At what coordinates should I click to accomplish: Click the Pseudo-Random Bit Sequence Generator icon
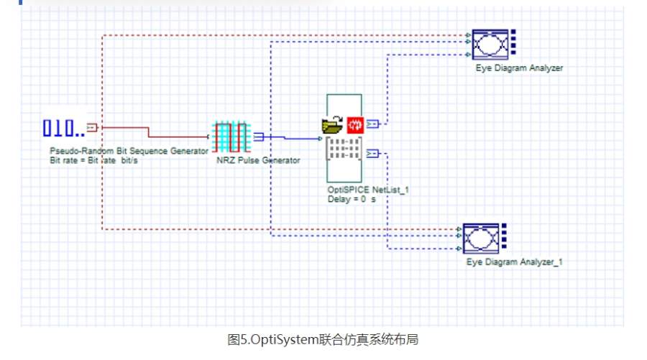tap(63, 129)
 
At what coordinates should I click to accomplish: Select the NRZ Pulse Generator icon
tap(231, 137)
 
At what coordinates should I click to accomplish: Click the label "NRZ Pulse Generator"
tap(258, 160)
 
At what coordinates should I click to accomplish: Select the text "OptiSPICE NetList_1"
tap(362, 190)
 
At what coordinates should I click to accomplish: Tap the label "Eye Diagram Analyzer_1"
tap(514, 262)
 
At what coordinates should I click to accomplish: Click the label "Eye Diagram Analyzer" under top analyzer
tap(519, 68)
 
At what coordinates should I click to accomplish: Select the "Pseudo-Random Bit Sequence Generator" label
tap(129, 151)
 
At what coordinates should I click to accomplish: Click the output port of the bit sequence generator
tap(91, 128)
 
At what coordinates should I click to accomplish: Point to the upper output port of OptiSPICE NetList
tap(372, 124)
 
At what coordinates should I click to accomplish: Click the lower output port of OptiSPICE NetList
tap(372, 153)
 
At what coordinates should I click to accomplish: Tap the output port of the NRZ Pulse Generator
tap(259, 137)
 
